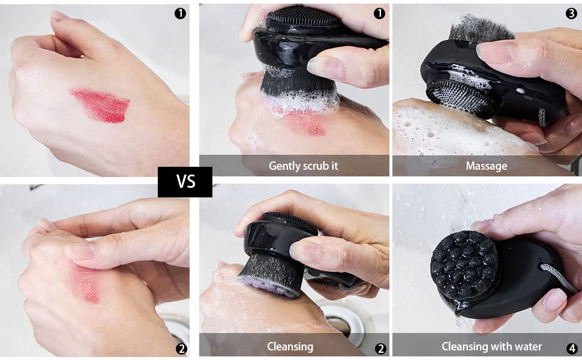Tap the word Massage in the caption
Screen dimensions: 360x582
pos(486,166)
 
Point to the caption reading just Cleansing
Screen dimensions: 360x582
pos(290,346)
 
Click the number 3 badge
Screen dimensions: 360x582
pos(571,13)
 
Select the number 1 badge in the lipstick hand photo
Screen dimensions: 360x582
pos(179,13)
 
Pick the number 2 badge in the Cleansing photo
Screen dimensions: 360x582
pos(379,348)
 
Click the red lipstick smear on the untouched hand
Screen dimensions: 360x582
pos(100,106)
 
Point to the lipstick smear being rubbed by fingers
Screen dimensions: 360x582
pos(88,282)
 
